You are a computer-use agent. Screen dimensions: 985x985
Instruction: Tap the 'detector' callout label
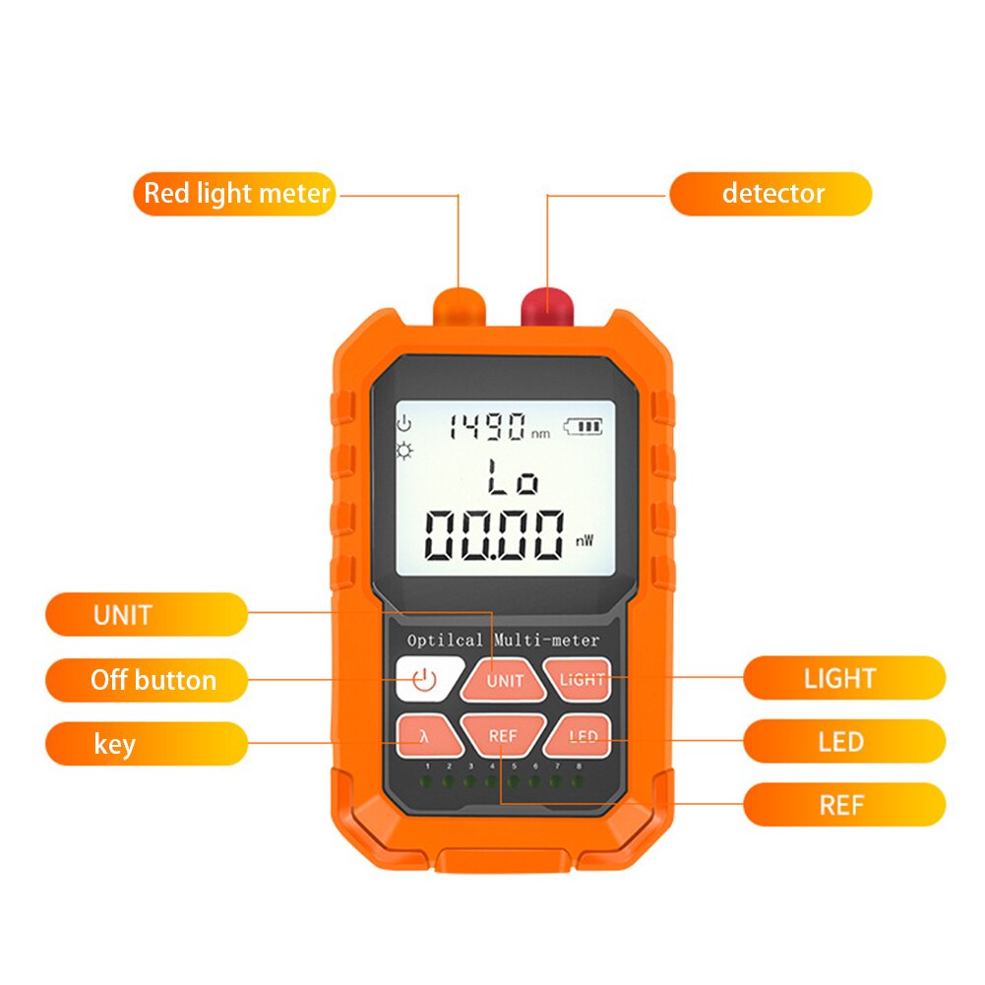pyautogui.click(x=770, y=193)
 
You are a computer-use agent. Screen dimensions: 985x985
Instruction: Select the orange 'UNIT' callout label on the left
pyautogui.click(x=146, y=615)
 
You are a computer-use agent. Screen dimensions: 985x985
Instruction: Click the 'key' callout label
pyautogui.click(x=146, y=744)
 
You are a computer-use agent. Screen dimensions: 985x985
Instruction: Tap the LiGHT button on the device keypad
pyautogui.click(x=581, y=679)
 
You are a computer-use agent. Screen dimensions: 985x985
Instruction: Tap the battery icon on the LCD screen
pyautogui.click(x=585, y=427)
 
